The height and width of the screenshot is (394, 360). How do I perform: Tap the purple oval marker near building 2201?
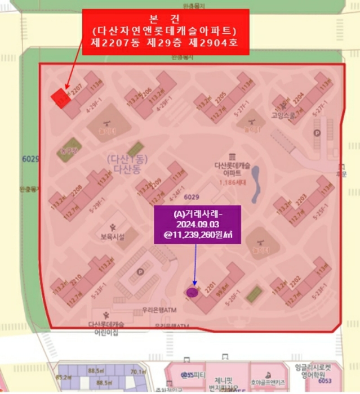(x=193, y=292)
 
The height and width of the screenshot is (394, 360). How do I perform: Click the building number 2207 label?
(x=78, y=87)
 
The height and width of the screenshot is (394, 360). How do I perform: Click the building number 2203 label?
(x=301, y=199)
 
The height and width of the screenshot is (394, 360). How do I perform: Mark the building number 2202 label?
(x=294, y=286)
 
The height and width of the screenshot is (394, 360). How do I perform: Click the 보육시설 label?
(x=115, y=236)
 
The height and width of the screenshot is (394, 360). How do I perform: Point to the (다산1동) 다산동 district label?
(x=126, y=164)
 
